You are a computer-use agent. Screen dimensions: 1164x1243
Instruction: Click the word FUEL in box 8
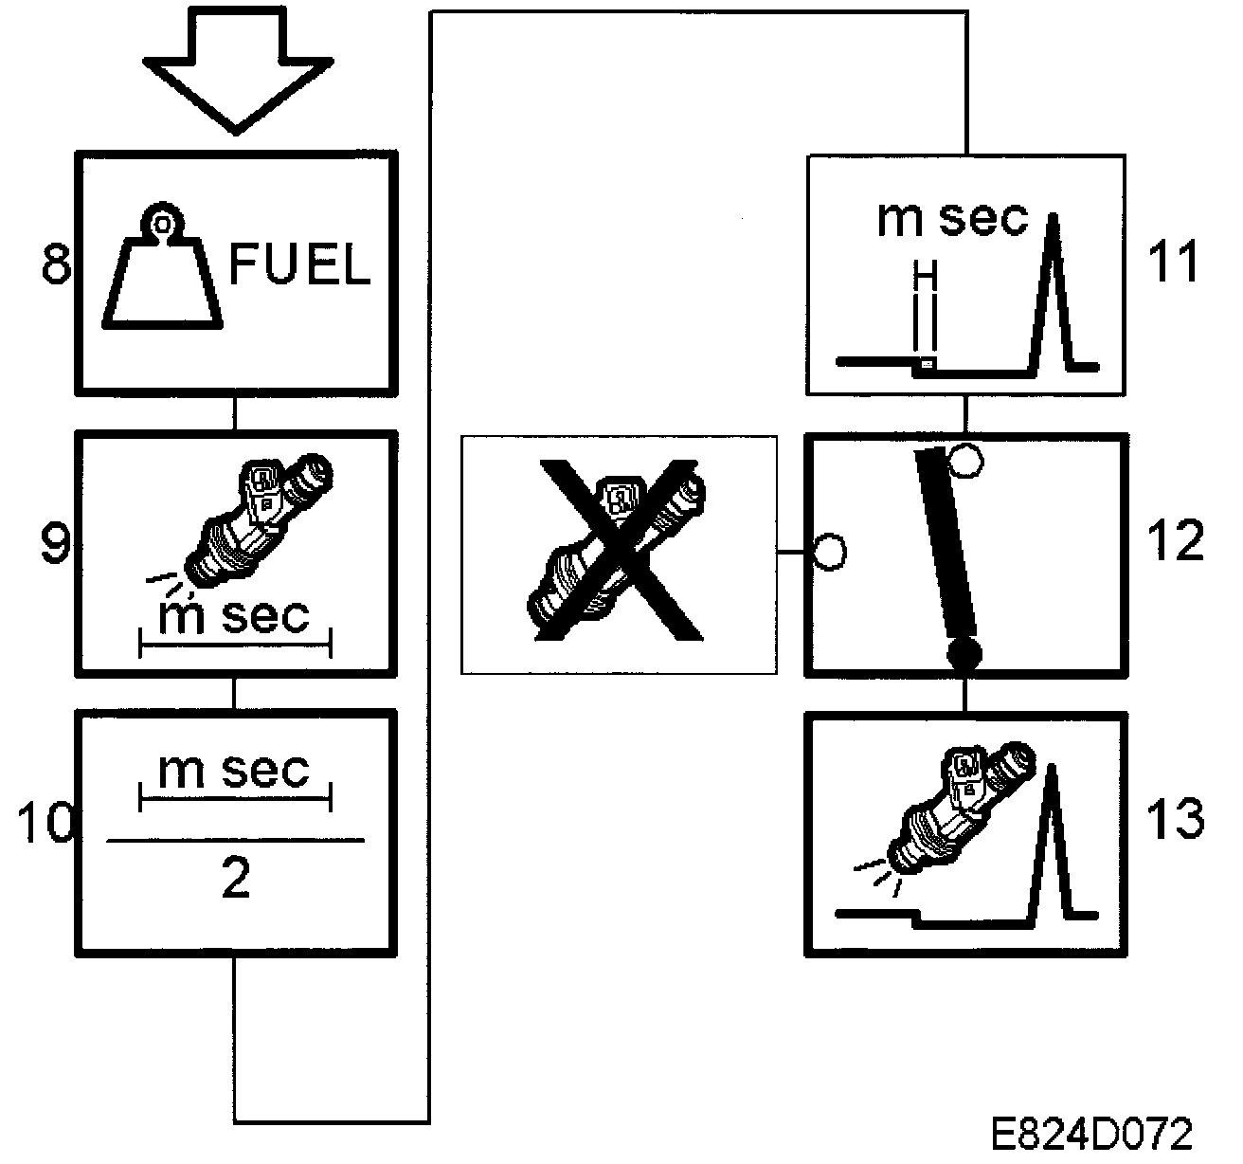[x=299, y=266]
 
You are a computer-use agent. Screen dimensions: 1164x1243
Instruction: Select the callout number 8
[x=57, y=265]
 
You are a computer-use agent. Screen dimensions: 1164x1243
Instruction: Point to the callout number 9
[x=58, y=546]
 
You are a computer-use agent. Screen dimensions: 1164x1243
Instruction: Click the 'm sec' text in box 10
[x=234, y=771]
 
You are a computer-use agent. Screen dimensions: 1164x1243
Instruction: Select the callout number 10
[x=45, y=822]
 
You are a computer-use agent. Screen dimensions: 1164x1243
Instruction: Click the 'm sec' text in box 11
[x=952, y=219]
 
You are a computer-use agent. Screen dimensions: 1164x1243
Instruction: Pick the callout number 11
[x=1172, y=262]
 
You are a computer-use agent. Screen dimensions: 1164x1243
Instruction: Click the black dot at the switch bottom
[x=964, y=653]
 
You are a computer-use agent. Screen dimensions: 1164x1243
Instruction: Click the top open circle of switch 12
[x=965, y=461]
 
